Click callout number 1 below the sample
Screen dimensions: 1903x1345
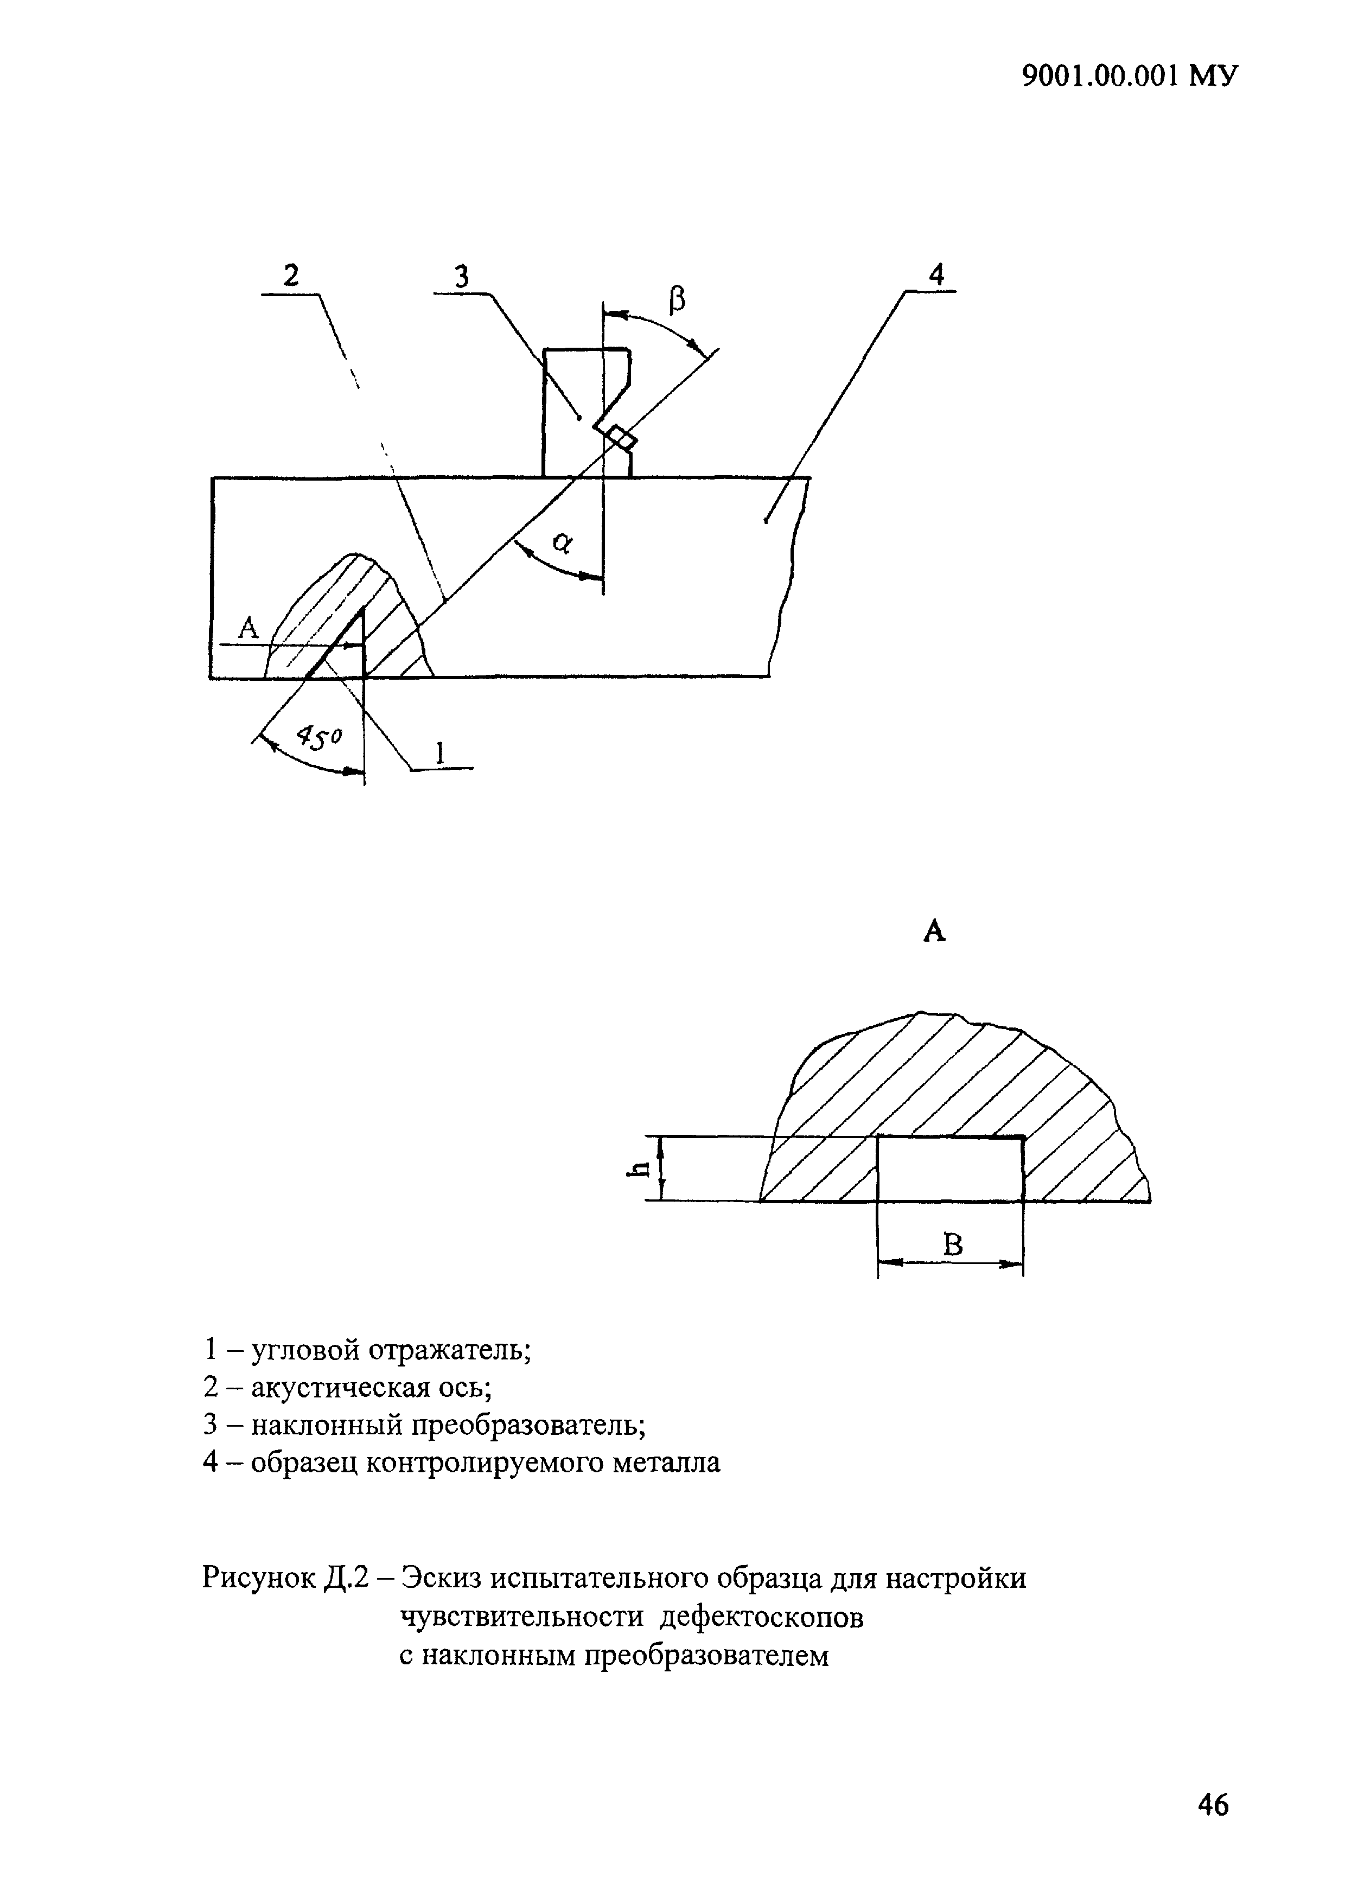(x=440, y=752)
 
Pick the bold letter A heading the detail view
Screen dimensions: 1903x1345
(x=934, y=933)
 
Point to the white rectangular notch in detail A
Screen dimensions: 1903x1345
(x=949, y=1170)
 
